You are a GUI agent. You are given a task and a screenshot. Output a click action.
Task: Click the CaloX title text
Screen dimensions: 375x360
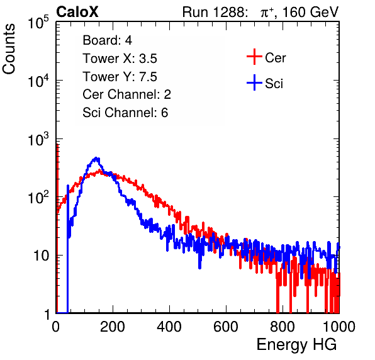77,12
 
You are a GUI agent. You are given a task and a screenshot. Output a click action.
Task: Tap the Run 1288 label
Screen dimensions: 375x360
214,12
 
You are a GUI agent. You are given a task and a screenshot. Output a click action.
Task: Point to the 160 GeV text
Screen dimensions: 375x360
311,12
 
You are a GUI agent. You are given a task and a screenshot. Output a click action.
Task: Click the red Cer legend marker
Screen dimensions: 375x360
254,57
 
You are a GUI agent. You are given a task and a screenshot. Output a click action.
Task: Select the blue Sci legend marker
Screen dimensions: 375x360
254,82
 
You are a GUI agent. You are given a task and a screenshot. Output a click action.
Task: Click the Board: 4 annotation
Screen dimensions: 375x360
108,40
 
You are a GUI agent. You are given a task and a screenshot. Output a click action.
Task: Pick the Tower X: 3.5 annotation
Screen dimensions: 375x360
120,59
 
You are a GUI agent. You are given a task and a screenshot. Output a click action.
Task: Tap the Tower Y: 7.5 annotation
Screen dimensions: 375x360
120,77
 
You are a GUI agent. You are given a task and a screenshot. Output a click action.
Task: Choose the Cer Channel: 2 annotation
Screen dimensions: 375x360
126,94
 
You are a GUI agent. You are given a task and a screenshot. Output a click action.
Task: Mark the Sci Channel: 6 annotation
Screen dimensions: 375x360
125,113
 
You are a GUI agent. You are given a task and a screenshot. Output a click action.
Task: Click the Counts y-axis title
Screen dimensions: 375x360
9,49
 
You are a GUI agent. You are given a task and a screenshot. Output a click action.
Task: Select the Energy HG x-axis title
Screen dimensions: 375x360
297,345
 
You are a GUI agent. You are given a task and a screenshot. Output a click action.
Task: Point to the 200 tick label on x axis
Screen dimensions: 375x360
113,327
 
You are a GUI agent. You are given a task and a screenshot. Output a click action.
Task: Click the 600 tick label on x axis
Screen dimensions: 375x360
226,327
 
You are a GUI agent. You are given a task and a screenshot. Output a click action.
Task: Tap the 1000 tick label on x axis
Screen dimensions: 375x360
339,327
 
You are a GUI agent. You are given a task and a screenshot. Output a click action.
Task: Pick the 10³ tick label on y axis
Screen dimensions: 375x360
38,139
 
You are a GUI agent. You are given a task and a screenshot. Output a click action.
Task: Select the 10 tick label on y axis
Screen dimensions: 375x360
41,256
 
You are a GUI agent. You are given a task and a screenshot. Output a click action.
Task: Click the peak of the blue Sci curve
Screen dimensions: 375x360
96,158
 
